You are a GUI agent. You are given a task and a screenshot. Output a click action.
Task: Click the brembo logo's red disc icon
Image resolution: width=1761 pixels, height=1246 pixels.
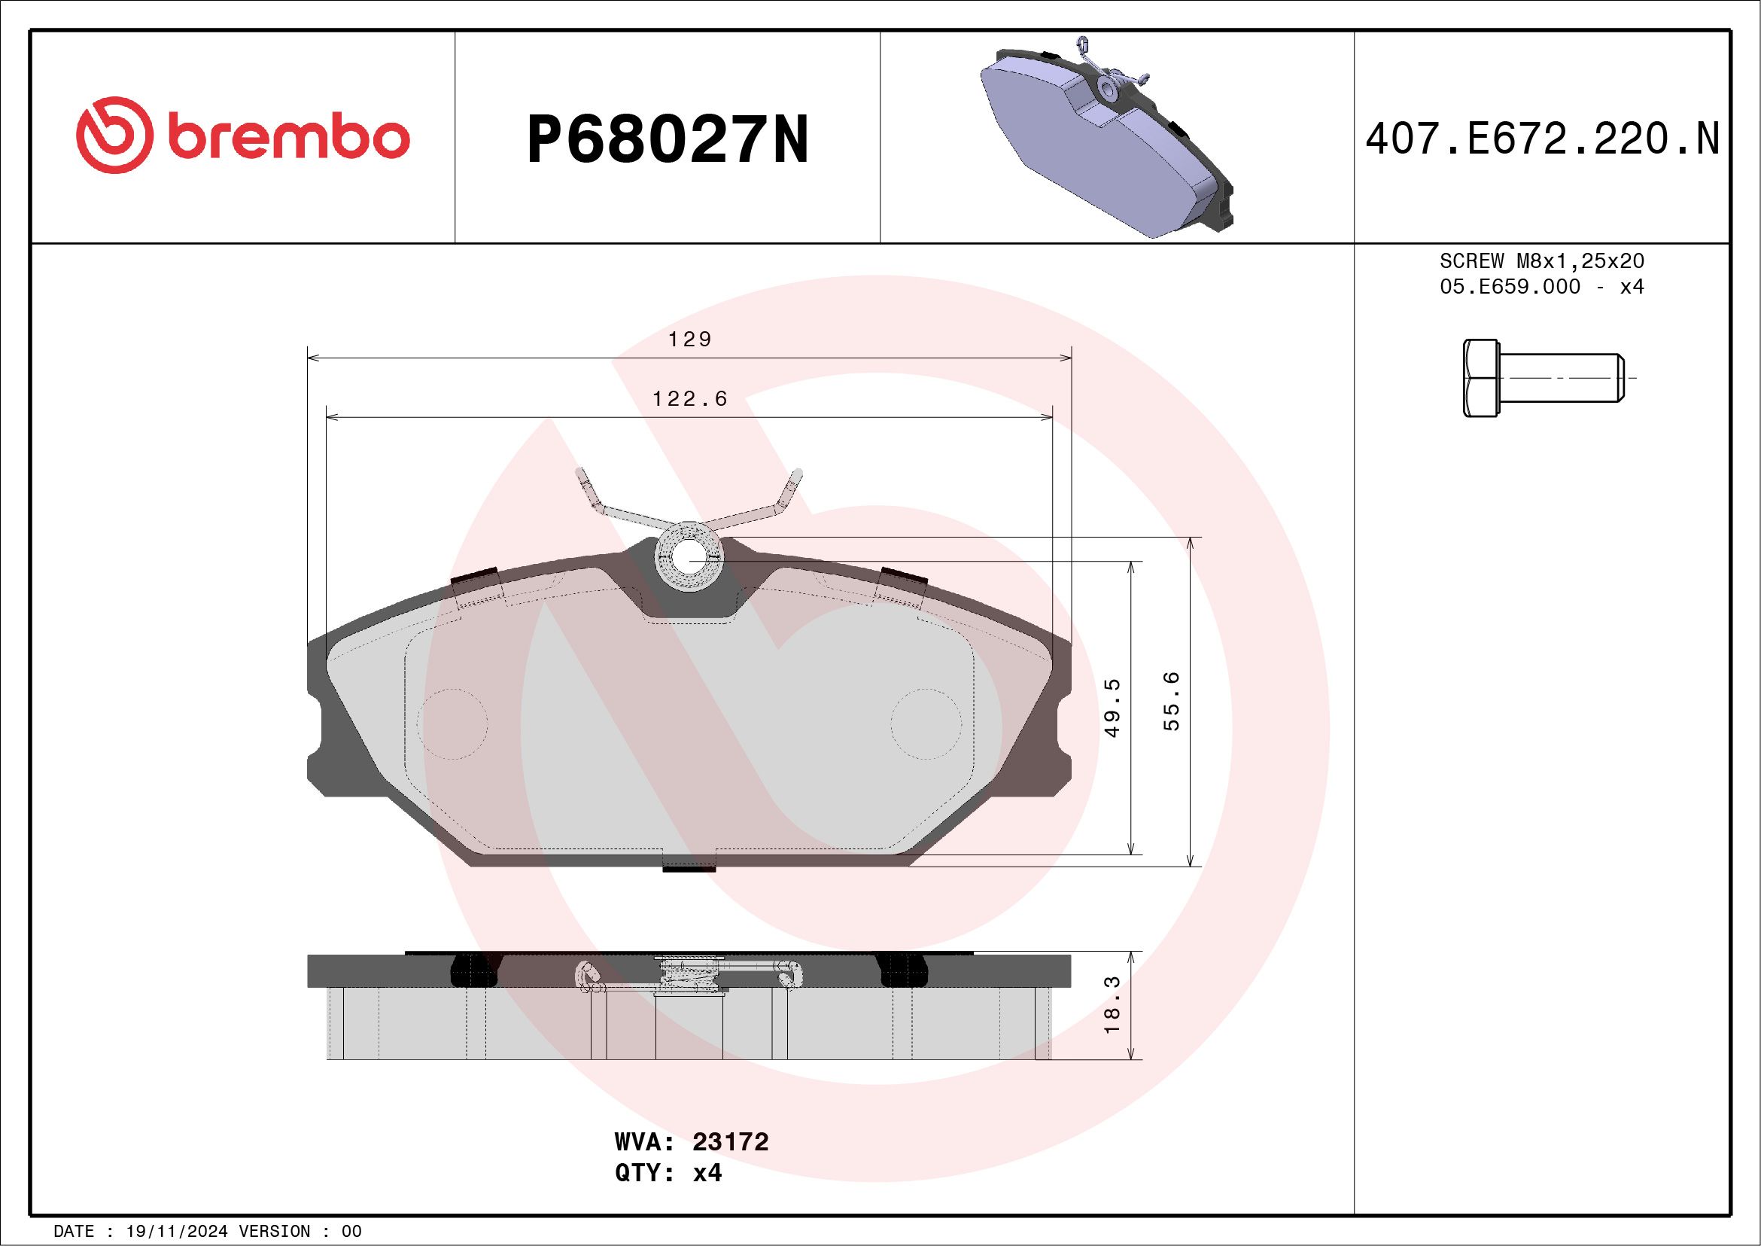[111, 135]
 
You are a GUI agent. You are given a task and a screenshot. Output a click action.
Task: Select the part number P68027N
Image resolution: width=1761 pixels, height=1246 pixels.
[668, 139]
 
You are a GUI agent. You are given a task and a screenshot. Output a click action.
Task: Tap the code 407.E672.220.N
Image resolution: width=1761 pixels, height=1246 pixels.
[1542, 139]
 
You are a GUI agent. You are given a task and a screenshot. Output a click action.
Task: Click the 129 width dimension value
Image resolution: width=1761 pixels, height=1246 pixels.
[689, 339]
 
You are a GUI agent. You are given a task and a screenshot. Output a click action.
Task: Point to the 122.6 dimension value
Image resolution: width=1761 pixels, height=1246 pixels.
[689, 399]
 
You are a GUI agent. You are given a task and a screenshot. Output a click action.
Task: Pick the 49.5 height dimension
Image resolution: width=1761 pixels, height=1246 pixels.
[1113, 708]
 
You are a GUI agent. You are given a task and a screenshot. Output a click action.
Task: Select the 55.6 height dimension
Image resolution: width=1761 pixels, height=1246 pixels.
[1172, 701]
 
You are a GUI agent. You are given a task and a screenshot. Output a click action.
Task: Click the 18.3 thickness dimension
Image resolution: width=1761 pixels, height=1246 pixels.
[1113, 1005]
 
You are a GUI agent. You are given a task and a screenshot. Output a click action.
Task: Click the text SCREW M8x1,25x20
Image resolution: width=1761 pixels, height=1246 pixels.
[1542, 260]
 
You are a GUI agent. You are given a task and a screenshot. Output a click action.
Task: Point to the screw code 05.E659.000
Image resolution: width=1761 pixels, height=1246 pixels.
[1510, 286]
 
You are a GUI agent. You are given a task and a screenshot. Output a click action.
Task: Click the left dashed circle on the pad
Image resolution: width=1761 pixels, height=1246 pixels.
[452, 724]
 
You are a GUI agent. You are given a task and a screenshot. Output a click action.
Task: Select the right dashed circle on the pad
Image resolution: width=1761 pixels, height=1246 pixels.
[926, 724]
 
